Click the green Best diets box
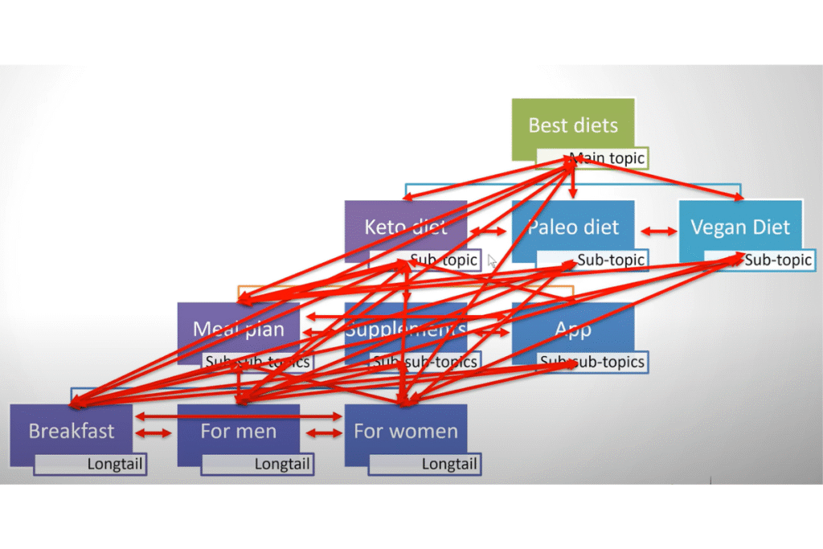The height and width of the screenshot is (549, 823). (573, 125)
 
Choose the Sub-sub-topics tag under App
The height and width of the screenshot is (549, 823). (592, 362)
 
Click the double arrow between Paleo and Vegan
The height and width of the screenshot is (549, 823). (657, 231)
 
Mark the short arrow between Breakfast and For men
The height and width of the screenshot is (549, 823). (154, 433)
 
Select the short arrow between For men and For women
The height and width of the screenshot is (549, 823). (322, 433)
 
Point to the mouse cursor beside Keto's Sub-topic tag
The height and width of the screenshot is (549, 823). (492, 260)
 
